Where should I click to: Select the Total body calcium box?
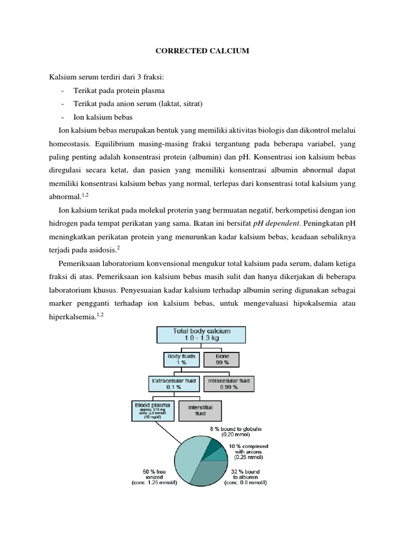pos(202,334)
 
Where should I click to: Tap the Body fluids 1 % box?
pos(181,360)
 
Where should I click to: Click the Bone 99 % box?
pos(223,360)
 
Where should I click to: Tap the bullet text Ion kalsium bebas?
pos(103,117)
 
